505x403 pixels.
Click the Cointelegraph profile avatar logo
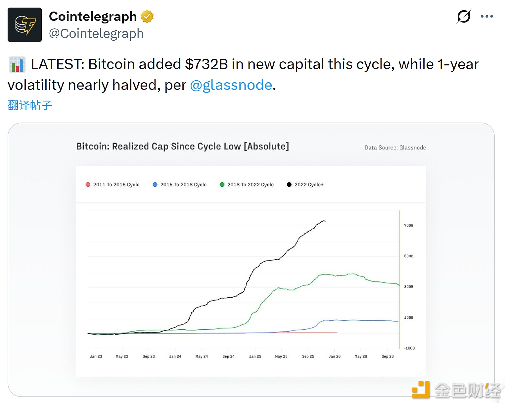click(24, 25)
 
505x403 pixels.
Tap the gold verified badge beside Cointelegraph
click(147, 17)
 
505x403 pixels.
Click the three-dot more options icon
click(487, 17)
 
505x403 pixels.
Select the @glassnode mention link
click(231, 85)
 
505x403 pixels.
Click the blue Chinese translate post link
click(30, 105)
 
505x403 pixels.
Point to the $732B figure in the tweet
click(207, 64)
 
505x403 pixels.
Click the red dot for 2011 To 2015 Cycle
click(88, 185)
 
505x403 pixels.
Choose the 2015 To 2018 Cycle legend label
click(183, 185)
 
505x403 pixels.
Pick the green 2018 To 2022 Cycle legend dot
click(222, 185)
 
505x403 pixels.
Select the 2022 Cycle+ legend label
click(309, 185)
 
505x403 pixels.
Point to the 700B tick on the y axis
click(409, 226)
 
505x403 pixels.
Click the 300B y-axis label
click(409, 287)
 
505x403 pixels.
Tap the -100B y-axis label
click(409, 348)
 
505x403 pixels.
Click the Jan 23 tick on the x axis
click(96, 356)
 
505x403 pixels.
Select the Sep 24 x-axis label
click(228, 356)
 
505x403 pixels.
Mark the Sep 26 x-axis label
click(388, 356)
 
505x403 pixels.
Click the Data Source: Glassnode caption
click(395, 148)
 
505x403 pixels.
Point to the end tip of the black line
click(325, 221)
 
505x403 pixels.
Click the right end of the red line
click(337, 333)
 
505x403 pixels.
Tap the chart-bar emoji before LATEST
click(17, 64)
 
